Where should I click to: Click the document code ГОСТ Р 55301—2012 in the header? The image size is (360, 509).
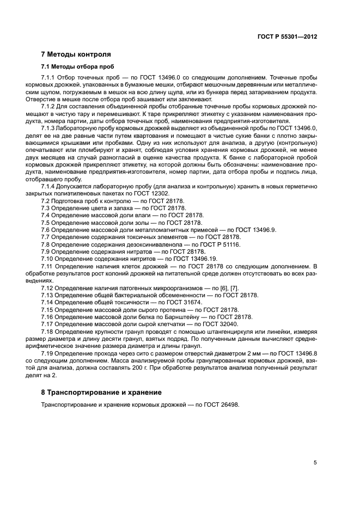[288, 36]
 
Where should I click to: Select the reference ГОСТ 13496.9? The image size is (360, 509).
[254, 230]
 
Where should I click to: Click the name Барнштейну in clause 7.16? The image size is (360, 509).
[166, 316]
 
